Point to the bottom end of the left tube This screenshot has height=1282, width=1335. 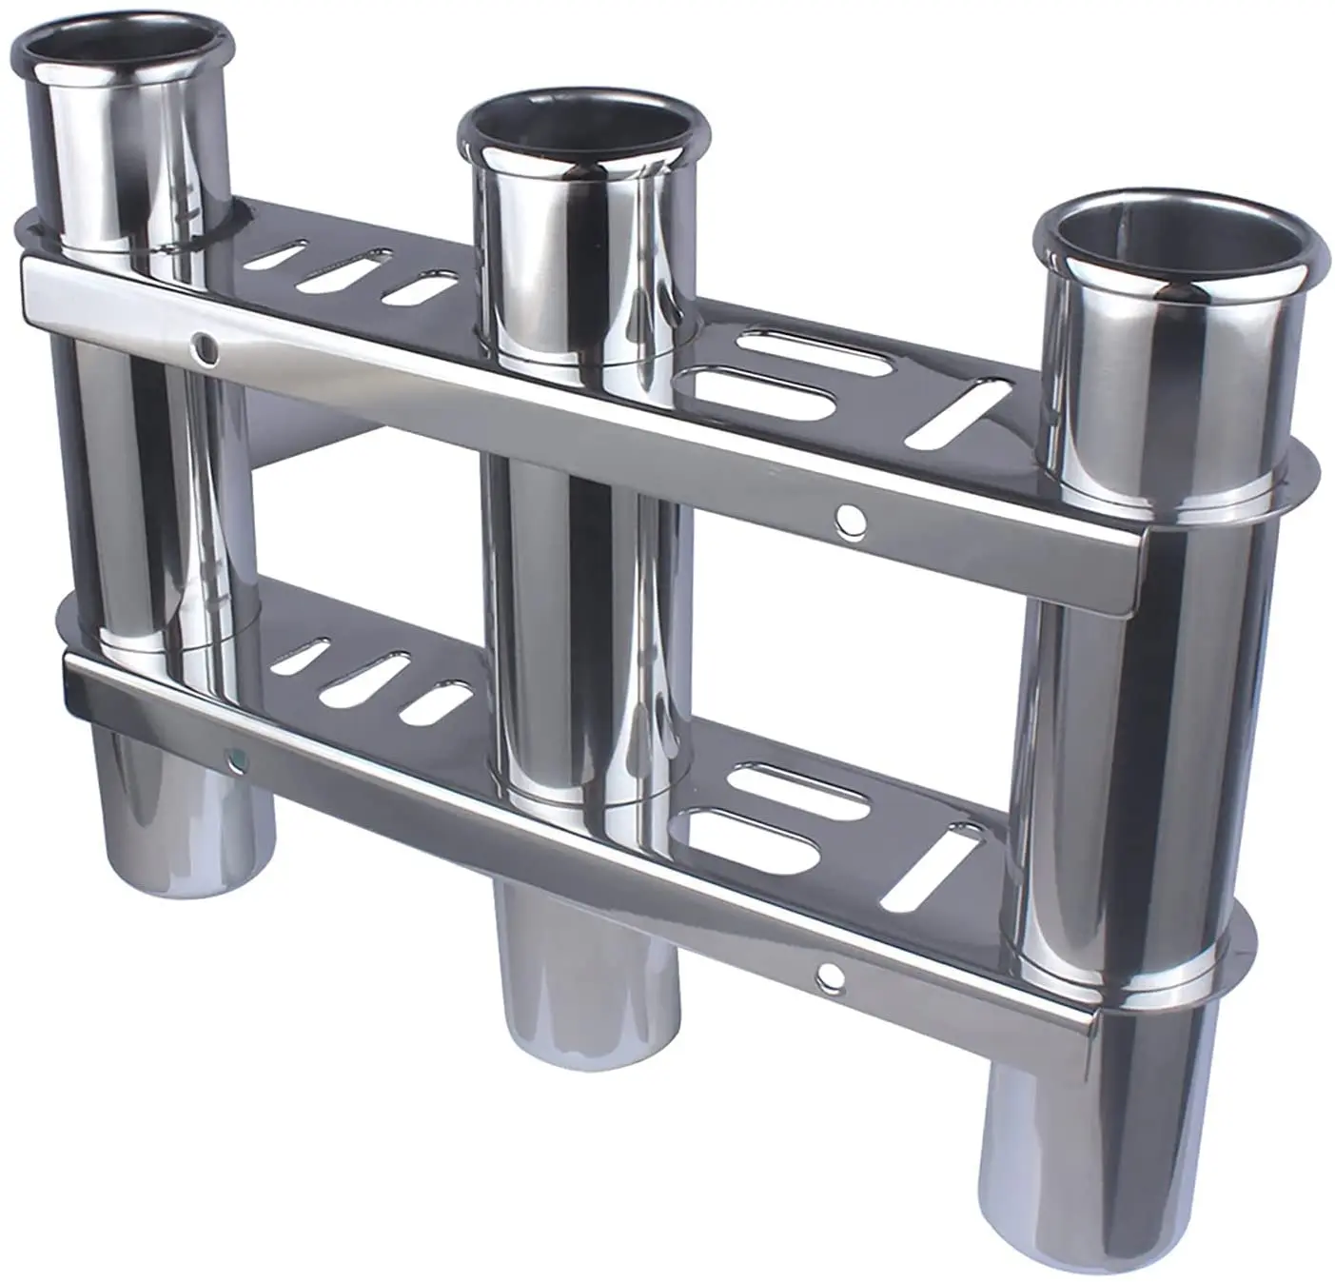186,876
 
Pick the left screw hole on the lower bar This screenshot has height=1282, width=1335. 233,759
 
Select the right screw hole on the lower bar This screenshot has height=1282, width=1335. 830,974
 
